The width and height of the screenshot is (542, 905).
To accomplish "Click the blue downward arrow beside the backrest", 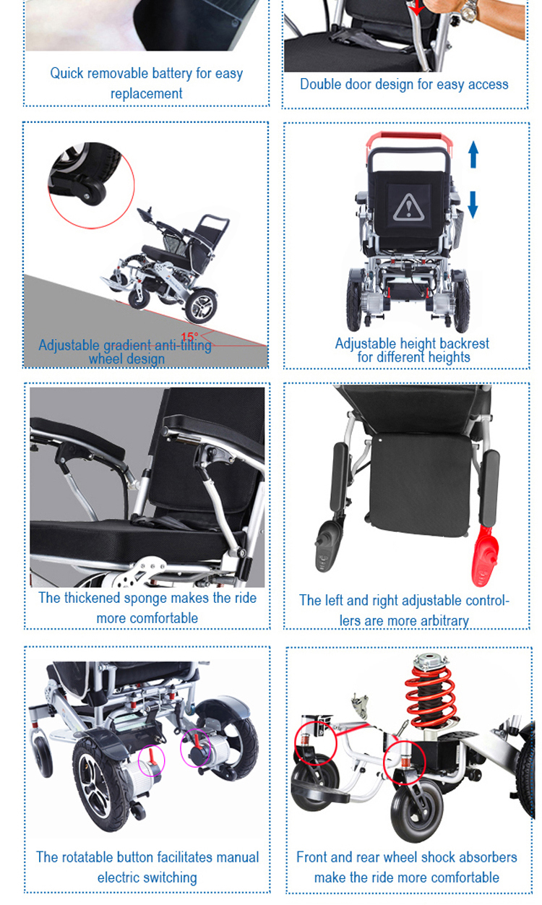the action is [x=473, y=205].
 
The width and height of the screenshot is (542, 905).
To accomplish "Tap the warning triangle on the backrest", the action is [x=409, y=207].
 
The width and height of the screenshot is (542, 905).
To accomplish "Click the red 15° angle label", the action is [x=189, y=337].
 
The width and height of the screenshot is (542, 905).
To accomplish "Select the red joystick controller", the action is [x=485, y=556].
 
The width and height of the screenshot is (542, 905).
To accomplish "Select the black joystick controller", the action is [x=329, y=546].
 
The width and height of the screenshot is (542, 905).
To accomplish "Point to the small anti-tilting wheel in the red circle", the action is [x=94, y=192].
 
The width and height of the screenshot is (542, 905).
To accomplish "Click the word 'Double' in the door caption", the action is [x=317, y=84].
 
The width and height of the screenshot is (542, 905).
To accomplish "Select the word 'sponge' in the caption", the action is [x=146, y=599].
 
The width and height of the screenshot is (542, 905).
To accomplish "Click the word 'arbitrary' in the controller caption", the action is [x=444, y=621].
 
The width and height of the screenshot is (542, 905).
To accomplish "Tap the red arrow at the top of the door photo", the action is [x=416, y=7].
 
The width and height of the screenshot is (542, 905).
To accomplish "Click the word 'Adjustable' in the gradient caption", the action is [x=69, y=346].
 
